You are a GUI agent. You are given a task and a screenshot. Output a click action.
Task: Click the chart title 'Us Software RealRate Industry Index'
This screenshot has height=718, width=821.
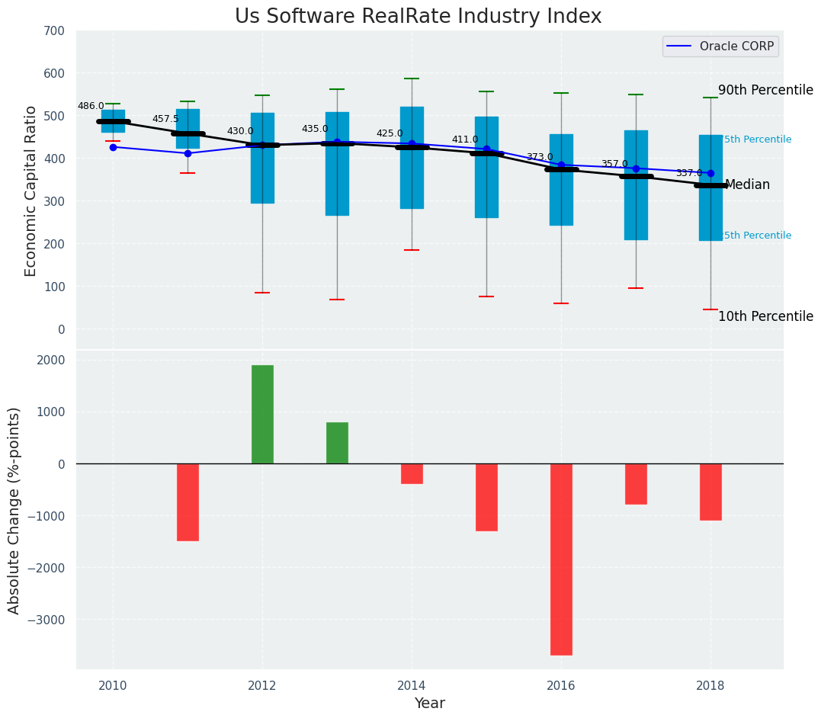[418, 17]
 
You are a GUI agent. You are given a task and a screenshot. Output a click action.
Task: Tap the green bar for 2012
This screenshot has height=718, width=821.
[262, 414]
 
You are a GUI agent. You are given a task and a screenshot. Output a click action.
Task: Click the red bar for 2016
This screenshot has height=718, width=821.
[561, 559]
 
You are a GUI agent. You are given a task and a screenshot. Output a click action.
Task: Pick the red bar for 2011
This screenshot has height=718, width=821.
[188, 502]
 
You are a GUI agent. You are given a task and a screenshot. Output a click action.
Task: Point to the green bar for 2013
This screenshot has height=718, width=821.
[337, 443]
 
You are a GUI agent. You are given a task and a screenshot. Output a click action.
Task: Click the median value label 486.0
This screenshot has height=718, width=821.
[91, 107]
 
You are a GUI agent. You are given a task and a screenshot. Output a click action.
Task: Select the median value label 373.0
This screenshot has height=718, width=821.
[540, 158]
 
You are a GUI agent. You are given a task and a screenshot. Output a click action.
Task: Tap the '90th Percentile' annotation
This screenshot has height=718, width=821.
[765, 90]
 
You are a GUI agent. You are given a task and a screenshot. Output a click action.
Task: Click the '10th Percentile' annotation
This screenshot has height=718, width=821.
[765, 317]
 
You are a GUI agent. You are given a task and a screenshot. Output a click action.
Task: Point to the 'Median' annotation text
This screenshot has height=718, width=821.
[747, 185]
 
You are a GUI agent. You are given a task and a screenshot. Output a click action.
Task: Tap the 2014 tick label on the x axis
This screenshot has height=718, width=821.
[412, 684]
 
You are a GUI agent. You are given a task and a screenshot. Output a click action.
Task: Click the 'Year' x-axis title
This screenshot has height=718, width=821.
[429, 704]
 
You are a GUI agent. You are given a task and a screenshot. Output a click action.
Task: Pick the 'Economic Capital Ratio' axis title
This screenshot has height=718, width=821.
[31, 191]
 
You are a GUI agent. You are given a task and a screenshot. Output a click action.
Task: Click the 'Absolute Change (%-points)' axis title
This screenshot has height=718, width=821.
[14, 510]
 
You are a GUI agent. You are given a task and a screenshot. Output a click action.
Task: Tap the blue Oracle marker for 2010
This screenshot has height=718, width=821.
[113, 147]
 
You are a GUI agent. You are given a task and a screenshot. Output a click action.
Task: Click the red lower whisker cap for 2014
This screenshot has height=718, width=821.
[412, 250]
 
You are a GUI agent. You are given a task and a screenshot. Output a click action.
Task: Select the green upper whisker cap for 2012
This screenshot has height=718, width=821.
[262, 95]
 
